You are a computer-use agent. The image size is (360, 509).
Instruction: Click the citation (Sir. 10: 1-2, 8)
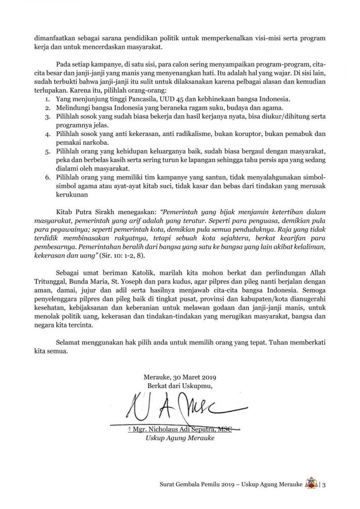pos(156,257)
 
